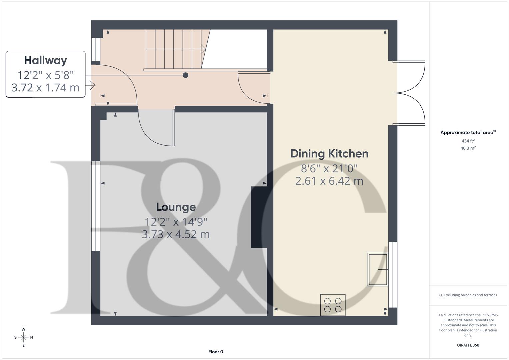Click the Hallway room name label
coord(45,60)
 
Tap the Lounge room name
coord(176,207)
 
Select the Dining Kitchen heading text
coord(329,154)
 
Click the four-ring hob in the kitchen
coord(333,305)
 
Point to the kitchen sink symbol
coord(378,269)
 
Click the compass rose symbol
coord(23,337)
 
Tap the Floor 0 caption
coord(216,352)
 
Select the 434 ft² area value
coord(468,141)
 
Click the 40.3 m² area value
coord(468,148)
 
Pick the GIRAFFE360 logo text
coord(468,345)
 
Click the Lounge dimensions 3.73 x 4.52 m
coord(176,234)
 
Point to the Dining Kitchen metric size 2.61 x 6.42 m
coord(329,181)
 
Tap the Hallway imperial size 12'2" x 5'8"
coord(45,75)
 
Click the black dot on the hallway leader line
coord(186,75)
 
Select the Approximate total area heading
coord(468,132)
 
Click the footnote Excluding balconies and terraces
coord(468,295)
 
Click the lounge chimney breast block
coord(259,217)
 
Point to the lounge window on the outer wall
coord(96,206)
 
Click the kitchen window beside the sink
coord(393,274)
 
